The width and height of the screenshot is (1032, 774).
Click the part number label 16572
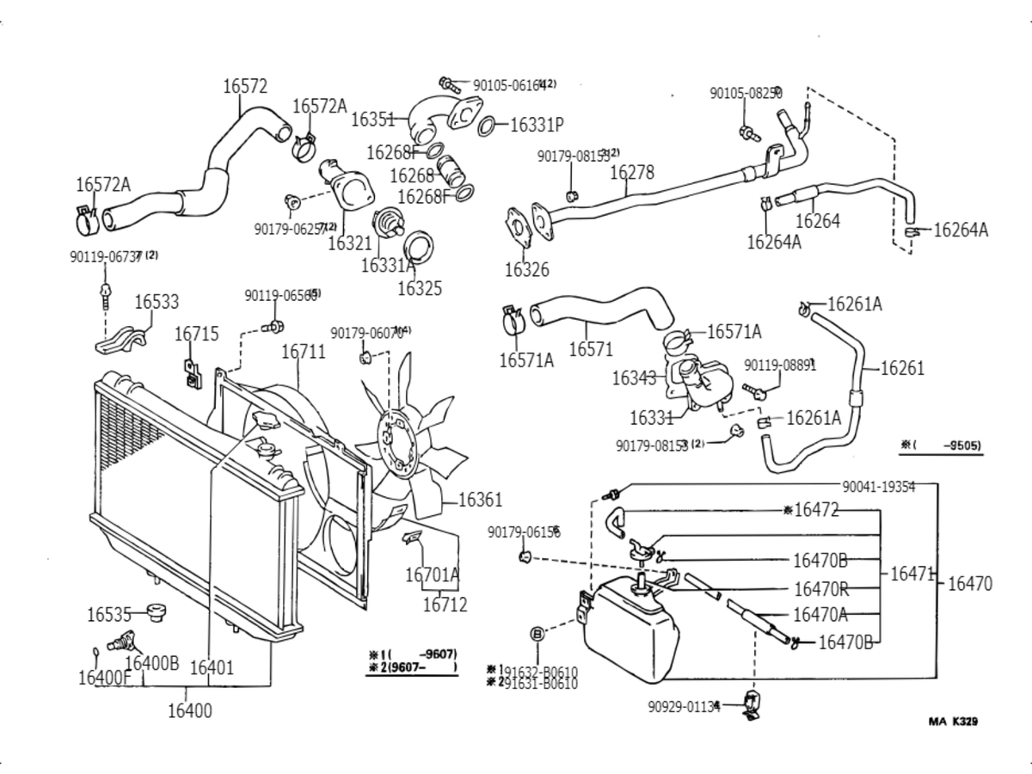[x=245, y=86]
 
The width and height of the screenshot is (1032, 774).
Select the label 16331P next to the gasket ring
[x=537, y=125]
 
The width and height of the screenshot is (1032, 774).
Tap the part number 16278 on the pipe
[x=632, y=172]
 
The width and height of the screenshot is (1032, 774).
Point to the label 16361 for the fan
[x=480, y=500]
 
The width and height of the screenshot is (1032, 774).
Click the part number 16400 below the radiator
[x=189, y=710]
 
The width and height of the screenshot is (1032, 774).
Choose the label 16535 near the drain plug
[x=109, y=614]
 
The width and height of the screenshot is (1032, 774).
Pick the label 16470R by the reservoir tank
[x=821, y=589]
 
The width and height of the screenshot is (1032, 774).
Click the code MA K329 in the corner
[x=952, y=722]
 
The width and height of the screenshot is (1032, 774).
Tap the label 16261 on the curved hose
[x=902, y=369]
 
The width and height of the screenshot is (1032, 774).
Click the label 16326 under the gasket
[x=526, y=270]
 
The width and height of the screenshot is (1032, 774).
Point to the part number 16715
[x=197, y=334]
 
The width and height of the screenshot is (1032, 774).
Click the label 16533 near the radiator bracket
[x=157, y=302]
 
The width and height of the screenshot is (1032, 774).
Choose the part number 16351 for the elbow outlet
[x=372, y=120]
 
